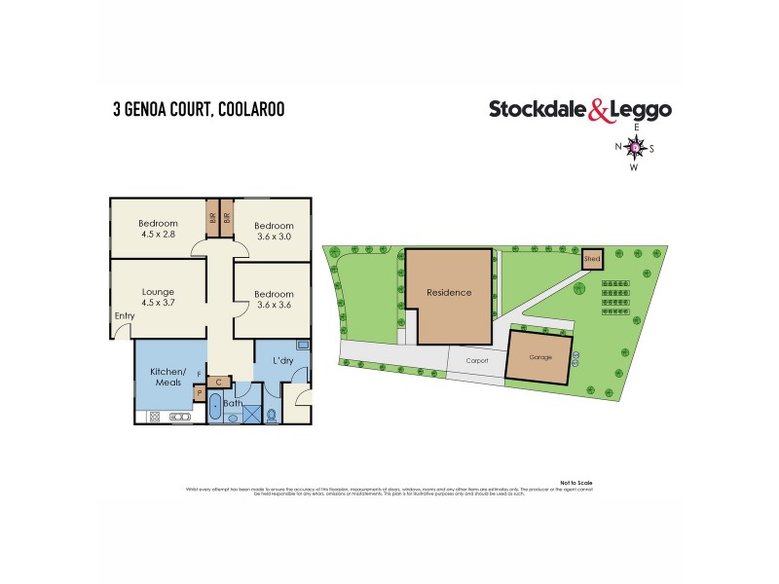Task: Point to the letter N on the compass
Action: (x=617, y=148)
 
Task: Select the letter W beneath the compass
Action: (x=635, y=166)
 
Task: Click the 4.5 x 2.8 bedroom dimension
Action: (x=159, y=235)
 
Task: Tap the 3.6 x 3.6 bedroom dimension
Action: (x=274, y=306)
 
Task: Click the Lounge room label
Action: (x=158, y=290)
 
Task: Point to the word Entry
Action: (x=124, y=315)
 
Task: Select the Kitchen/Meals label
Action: (x=167, y=378)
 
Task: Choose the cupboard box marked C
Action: (x=219, y=382)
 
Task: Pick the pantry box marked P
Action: (x=200, y=394)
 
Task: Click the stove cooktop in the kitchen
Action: (x=181, y=418)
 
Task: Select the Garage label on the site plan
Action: (x=539, y=357)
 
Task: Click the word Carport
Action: (x=475, y=359)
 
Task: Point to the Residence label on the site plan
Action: (x=448, y=292)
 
